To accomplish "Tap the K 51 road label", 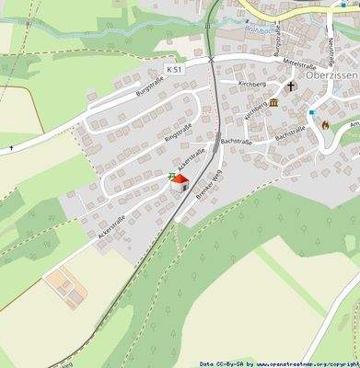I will [175, 70].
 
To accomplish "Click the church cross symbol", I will [290, 87].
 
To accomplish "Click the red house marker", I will [180, 182].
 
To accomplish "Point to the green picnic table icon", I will [171, 177].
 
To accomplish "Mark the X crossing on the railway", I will [212, 58].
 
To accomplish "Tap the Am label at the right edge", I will [354, 121].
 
